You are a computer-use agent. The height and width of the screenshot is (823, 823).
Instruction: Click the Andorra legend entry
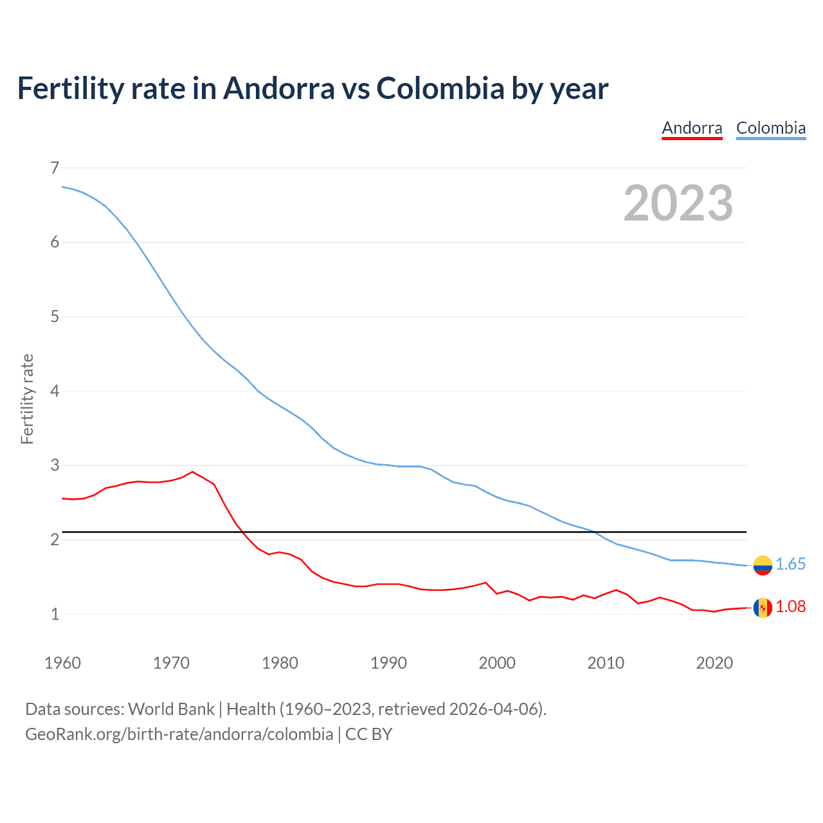(692, 128)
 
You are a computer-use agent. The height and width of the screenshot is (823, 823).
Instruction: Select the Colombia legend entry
(770, 128)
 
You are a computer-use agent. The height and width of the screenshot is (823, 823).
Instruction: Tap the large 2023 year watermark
(678, 203)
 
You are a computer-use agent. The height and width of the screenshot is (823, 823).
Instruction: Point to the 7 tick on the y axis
(55, 168)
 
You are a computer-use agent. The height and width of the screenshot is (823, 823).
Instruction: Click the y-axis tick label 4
(55, 391)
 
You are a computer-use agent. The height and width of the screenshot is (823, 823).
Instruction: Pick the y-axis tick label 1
(55, 614)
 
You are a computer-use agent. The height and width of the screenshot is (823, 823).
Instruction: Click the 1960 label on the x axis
(62, 663)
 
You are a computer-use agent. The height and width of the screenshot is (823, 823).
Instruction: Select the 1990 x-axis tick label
(388, 663)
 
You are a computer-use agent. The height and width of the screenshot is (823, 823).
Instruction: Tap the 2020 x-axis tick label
(714, 663)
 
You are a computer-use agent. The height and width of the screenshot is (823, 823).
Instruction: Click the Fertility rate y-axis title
(27, 399)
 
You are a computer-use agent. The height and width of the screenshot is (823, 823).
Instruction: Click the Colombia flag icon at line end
(763, 565)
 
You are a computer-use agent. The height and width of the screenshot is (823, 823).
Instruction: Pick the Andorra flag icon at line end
(763, 608)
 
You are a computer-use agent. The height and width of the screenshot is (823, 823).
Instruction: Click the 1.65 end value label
(790, 564)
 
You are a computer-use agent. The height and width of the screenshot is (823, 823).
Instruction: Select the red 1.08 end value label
(790, 606)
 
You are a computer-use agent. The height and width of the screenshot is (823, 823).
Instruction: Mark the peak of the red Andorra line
(192, 472)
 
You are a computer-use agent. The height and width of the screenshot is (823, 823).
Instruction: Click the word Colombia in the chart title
(440, 88)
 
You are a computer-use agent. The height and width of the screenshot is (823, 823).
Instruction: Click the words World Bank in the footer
(171, 709)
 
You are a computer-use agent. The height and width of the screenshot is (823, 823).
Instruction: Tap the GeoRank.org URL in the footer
(179, 734)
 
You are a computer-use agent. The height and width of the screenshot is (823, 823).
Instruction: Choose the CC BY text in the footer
(368, 734)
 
